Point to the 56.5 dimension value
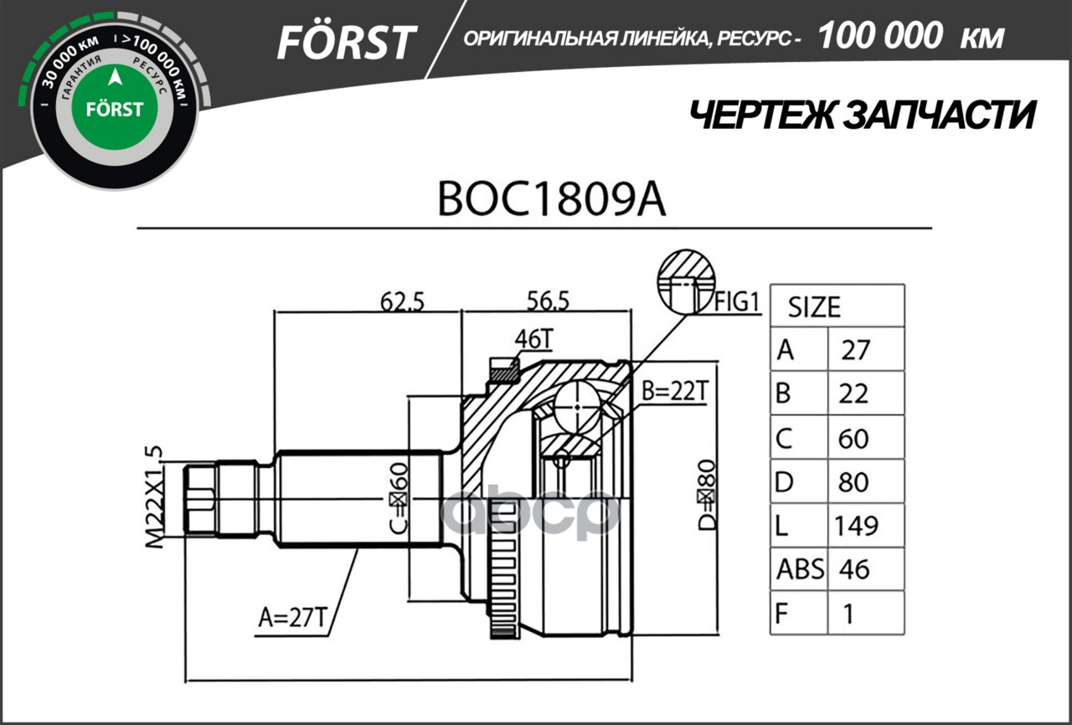548,300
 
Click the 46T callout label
533,339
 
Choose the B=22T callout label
675,389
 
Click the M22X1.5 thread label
152,497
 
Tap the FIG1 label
738,301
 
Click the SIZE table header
813,307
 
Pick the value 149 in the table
855,526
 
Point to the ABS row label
799,569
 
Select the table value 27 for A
855,350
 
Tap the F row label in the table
782,614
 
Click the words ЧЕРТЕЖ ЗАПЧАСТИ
861,116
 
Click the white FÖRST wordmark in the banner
346,41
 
